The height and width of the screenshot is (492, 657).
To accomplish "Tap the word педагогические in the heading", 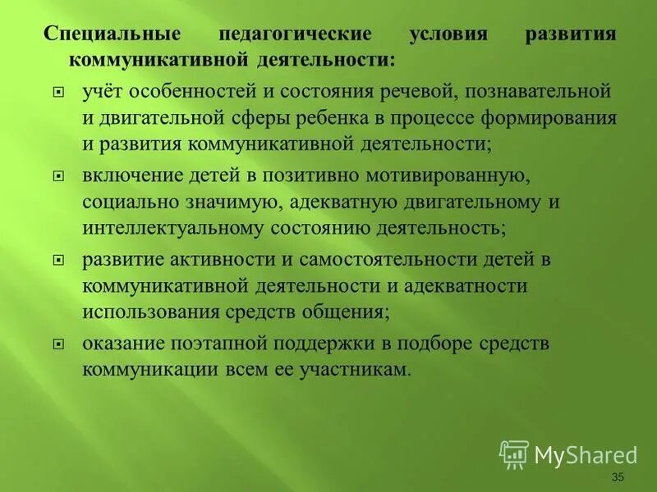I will (x=295, y=36).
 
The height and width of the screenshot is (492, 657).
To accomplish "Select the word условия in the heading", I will (x=448, y=36).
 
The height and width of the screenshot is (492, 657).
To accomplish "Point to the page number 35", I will (x=618, y=478).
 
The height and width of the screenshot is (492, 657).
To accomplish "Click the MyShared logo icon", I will (x=514, y=453).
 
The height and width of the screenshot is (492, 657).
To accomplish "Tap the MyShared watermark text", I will (x=586, y=455).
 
